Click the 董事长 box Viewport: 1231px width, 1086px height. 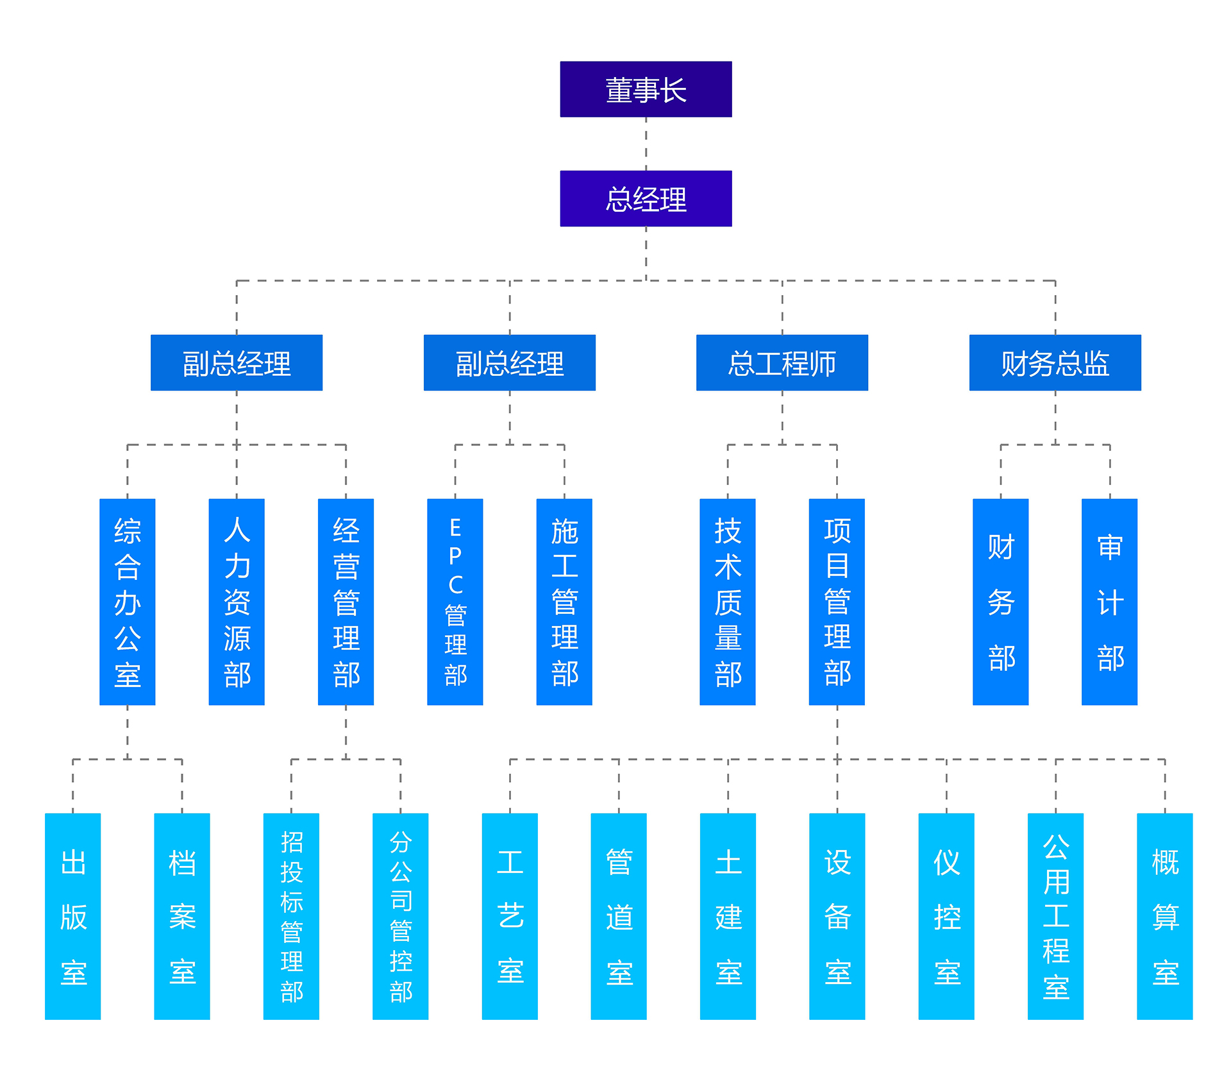[646, 89]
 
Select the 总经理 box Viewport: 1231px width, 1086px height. [646, 198]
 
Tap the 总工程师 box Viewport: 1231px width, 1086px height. [782, 362]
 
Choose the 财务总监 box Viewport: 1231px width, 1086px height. [1055, 362]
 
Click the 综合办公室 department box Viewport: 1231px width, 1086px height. [127, 602]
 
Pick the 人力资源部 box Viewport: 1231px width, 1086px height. [237, 602]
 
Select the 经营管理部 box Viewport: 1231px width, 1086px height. [346, 602]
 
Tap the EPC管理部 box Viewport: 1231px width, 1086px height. [455, 602]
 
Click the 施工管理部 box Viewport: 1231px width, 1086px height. [564, 602]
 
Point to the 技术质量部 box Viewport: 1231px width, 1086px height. [727, 602]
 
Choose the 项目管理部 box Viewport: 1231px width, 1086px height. [837, 602]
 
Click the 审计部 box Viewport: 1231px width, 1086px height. [1109, 602]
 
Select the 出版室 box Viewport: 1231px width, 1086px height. [72, 916]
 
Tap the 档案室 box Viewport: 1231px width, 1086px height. [182, 916]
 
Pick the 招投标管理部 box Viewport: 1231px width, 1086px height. [291, 916]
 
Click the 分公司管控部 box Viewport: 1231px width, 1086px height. [400, 916]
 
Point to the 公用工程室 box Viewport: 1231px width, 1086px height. [1055, 916]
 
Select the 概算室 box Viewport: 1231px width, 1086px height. [1164, 916]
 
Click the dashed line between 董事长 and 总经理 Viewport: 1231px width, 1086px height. [646, 144]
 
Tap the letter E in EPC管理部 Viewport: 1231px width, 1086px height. [455, 528]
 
